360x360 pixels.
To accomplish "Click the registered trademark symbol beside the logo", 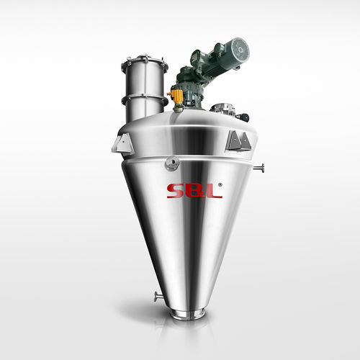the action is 220,184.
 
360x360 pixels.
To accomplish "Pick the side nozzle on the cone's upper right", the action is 259,168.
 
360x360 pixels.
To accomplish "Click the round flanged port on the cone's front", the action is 172,163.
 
